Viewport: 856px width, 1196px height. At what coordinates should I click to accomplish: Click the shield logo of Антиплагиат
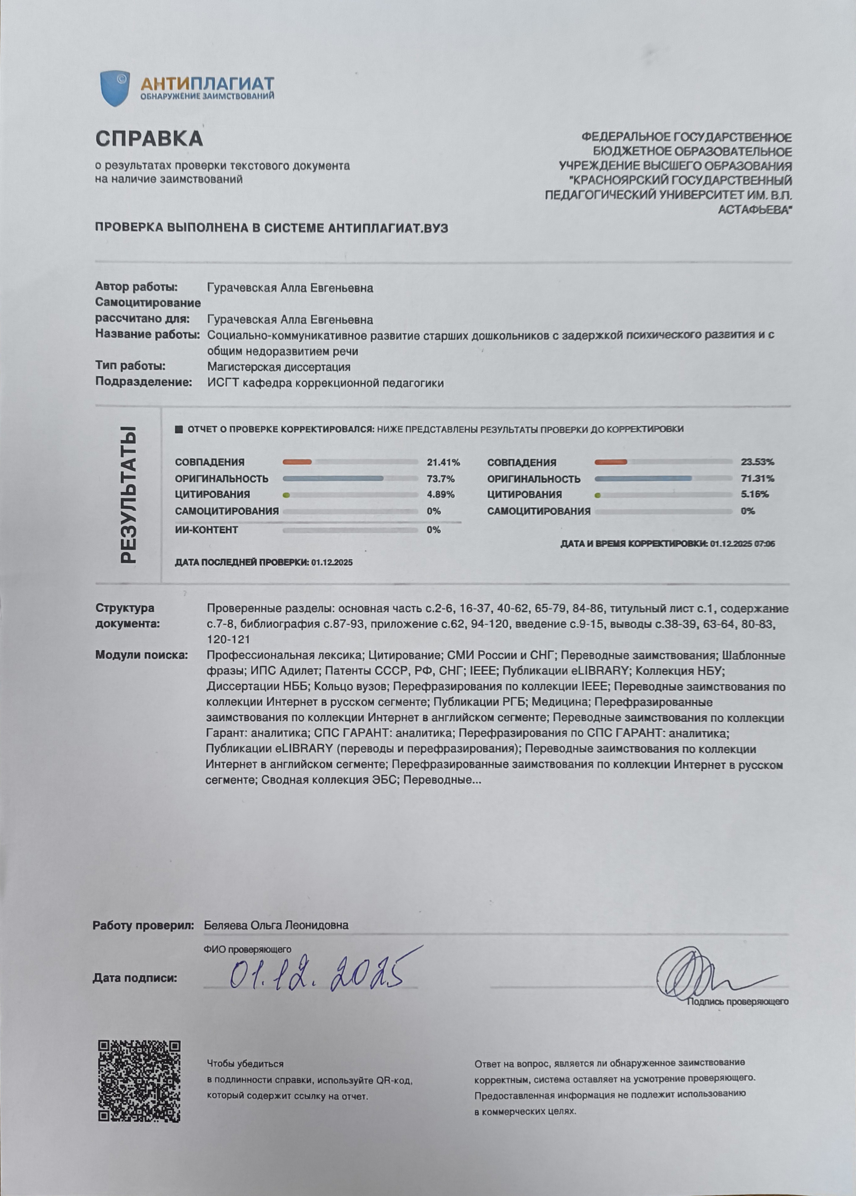pos(115,88)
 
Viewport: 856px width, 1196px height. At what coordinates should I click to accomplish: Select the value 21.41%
pos(443,463)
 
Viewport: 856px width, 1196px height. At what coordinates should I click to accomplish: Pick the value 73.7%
pos(440,479)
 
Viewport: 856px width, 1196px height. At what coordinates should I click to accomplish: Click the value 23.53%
pos(757,462)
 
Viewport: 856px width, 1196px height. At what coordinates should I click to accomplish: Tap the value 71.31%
pos(757,479)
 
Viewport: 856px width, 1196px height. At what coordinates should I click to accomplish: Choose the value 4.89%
pos(440,494)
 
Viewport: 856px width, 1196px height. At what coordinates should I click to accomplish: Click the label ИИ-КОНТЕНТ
pos(206,530)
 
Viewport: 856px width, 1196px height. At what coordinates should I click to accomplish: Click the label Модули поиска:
pos(141,655)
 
